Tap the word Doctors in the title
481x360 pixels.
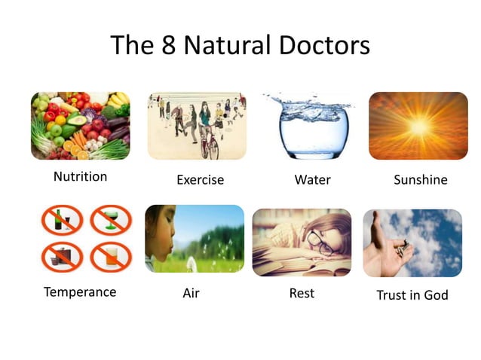(323, 45)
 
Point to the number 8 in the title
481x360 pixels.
(168, 45)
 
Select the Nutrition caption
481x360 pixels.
(80, 177)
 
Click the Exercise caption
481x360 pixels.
(200, 180)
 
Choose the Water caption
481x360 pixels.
(312, 180)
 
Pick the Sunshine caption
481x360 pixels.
(420, 180)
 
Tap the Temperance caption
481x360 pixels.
(80, 291)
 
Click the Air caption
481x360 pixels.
(191, 293)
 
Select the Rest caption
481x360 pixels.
(302, 293)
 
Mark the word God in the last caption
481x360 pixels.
(436, 294)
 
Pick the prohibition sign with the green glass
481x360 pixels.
(111, 220)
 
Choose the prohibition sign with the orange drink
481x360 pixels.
(111, 258)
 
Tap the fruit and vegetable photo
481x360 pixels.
(80, 126)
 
